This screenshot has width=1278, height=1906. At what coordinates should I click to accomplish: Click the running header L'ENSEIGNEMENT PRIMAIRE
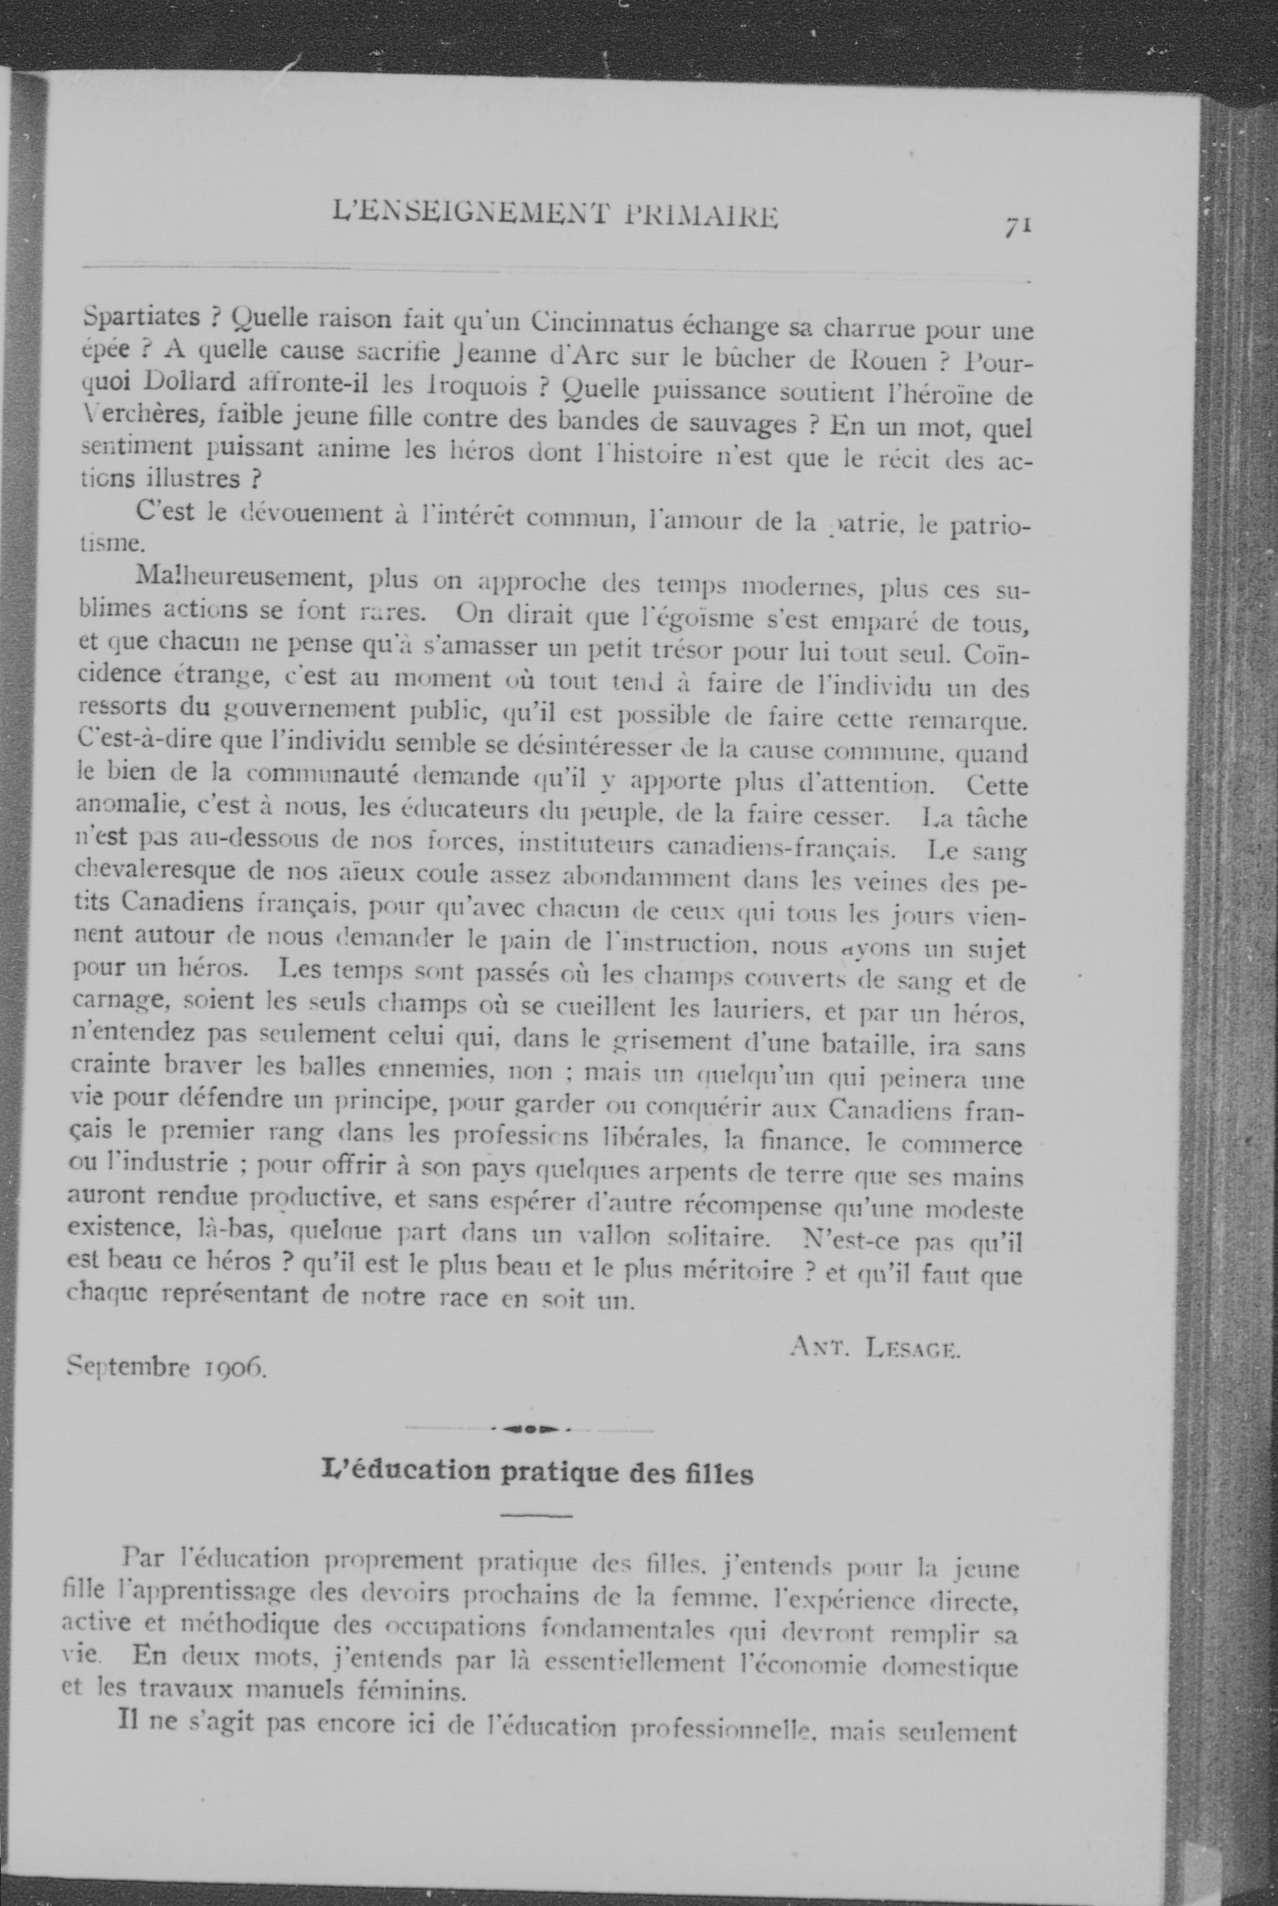coord(556,217)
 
